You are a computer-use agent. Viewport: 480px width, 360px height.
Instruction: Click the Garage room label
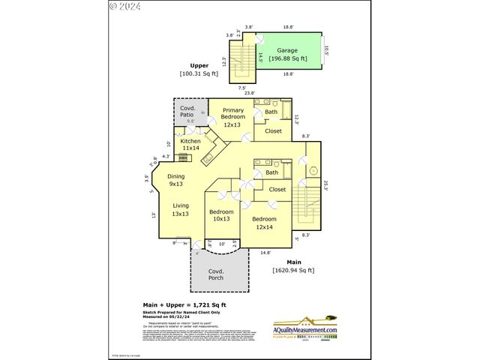pyautogui.click(x=287, y=50)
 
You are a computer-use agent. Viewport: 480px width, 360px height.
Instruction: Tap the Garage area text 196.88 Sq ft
pyautogui.click(x=288, y=58)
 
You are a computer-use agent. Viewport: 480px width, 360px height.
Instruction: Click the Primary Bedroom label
pyautogui.click(x=232, y=117)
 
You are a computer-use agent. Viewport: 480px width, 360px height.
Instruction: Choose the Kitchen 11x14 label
pyautogui.click(x=190, y=144)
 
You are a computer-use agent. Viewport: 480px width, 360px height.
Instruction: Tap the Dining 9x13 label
pyautogui.click(x=175, y=180)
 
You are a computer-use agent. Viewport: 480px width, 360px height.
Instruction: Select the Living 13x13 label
pyautogui.click(x=181, y=209)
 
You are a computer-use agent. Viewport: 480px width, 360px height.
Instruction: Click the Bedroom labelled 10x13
pyautogui.click(x=221, y=215)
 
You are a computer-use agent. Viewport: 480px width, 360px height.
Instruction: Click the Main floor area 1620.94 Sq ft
pyautogui.click(x=293, y=265)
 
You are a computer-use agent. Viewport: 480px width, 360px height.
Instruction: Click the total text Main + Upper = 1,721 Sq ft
pyautogui.click(x=183, y=305)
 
